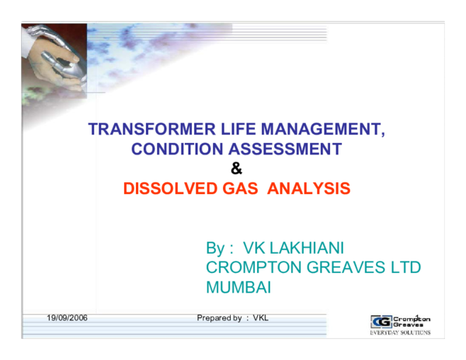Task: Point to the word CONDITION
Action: (x=172, y=149)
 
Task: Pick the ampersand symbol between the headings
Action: (x=237, y=168)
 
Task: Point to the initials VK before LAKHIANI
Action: (x=255, y=248)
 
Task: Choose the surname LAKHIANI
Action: (x=308, y=248)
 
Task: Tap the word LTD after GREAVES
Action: (x=404, y=268)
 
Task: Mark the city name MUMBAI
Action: (x=238, y=287)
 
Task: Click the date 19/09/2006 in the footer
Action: (x=67, y=318)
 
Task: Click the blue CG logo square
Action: (x=381, y=321)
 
